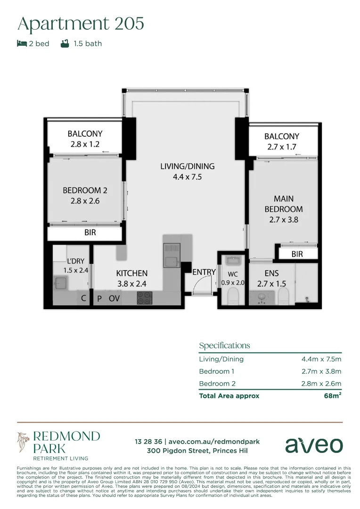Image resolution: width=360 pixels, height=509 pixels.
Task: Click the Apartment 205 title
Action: click(81, 23)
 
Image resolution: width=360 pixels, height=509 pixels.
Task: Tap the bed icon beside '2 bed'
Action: click(22, 43)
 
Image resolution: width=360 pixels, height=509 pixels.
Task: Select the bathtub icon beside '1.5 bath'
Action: click(65, 43)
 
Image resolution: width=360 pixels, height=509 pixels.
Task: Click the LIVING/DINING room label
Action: click(187, 166)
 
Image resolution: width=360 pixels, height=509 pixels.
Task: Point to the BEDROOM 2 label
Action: click(85, 190)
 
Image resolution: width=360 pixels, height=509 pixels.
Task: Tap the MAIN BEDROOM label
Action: click(283, 204)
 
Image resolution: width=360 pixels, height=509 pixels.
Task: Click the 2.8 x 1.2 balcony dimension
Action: click(85, 144)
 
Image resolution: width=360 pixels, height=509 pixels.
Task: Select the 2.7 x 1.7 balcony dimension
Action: click(281, 147)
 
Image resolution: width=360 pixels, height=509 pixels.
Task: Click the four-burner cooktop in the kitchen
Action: click(144, 298)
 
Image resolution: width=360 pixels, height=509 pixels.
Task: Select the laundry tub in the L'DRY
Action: click(61, 283)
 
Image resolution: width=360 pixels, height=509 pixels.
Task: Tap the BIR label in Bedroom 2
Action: click(85, 233)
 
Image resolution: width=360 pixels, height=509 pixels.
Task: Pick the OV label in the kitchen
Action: click(114, 298)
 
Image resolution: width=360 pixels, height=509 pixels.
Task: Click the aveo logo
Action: click(314, 445)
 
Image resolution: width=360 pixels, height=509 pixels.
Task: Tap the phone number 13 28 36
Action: click(148, 442)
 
